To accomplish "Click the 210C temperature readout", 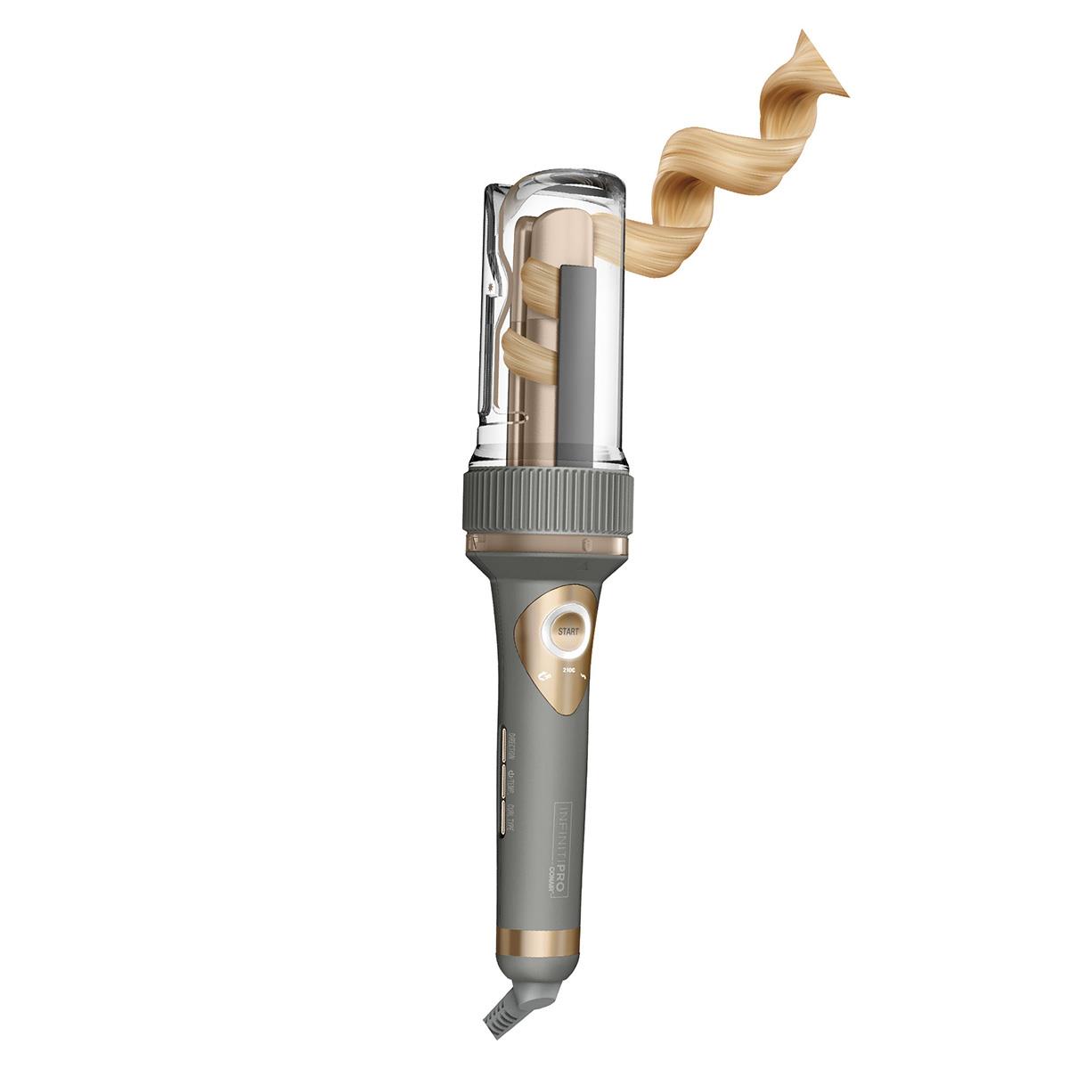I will coord(567,667).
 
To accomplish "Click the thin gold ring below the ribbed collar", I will coord(546,544).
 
